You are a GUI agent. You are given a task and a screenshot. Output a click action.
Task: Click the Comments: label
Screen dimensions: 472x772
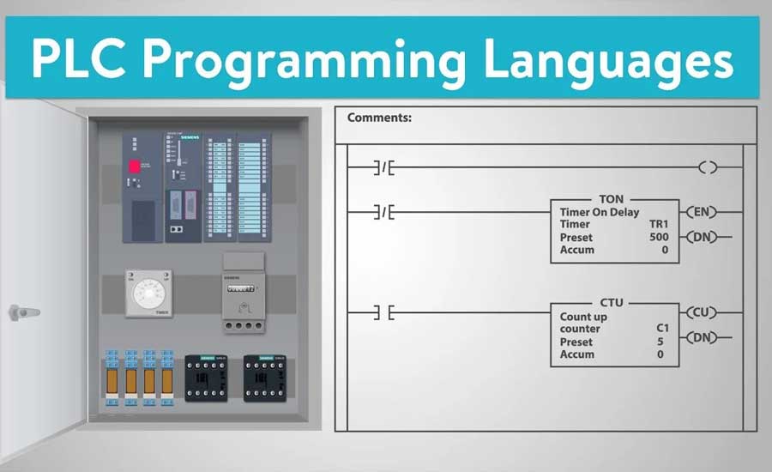[379, 118]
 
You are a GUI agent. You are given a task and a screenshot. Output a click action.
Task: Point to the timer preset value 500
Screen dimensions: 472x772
[659, 237]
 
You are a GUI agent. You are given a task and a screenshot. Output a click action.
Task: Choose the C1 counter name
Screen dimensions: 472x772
[661, 329]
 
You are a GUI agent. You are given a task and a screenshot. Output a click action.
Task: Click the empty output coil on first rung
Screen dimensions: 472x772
[707, 168]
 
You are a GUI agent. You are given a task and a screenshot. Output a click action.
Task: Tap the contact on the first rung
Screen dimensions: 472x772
[383, 168]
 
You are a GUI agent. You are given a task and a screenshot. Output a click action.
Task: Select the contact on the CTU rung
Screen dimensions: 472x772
[383, 314]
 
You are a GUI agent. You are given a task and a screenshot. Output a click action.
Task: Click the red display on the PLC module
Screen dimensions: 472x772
[135, 166]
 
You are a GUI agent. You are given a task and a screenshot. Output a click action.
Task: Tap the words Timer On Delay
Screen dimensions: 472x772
[599, 212]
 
